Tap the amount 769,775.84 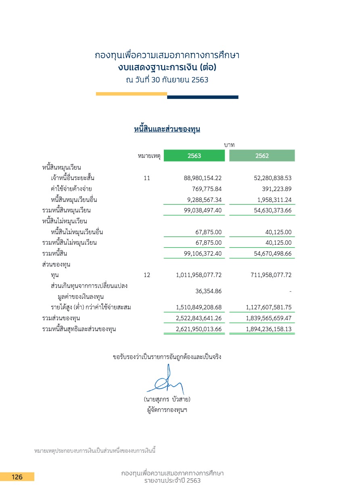(x=207, y=189)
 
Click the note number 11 (x=147, y=178)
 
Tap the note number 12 (x=147, y=275)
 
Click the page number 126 (x=17, y=477)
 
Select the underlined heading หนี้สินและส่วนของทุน (x=167, y=129)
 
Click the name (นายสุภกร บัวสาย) (x=167, y=399)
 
